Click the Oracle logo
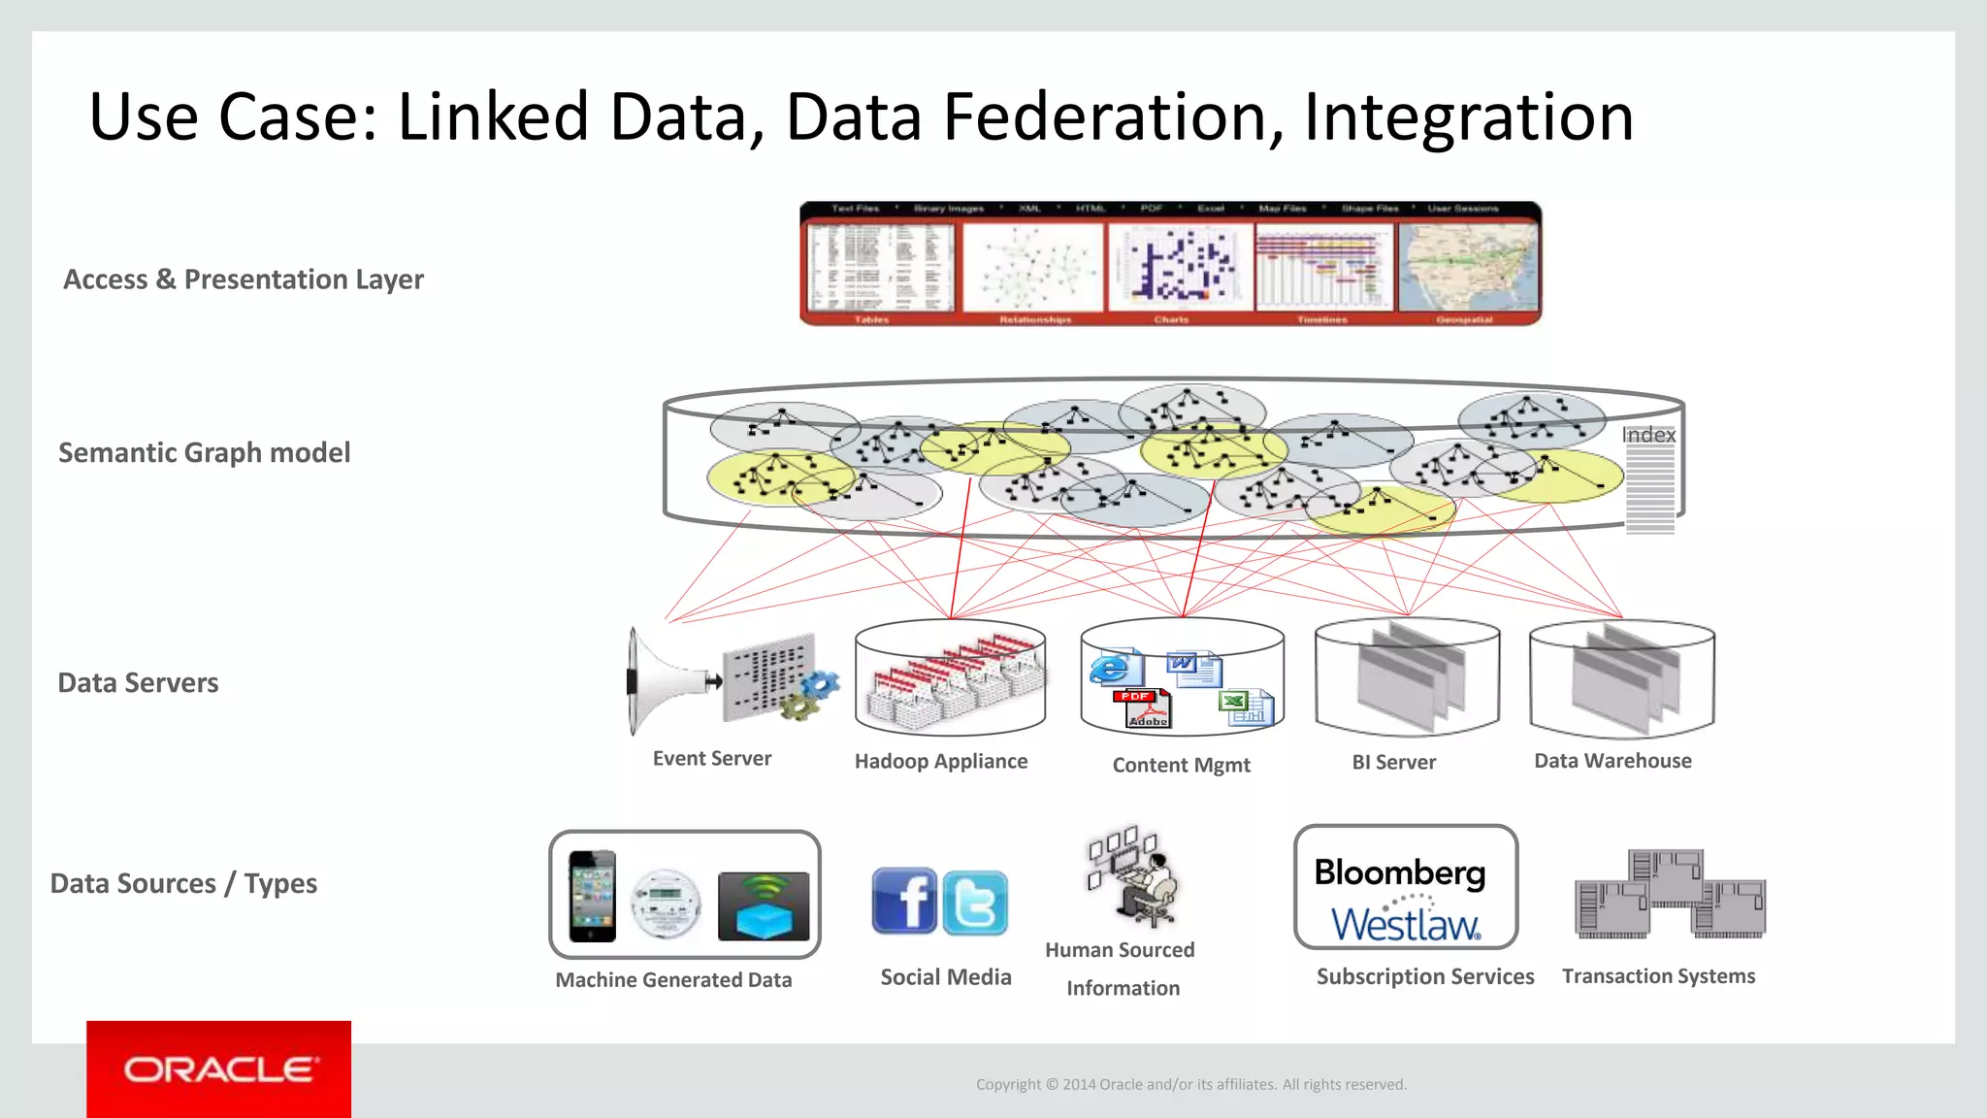(219, 1069)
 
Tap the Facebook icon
(904, 901)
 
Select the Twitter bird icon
(975, 904)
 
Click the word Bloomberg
(1399, 872)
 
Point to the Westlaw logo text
(1405, 925)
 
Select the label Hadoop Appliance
(940, 762)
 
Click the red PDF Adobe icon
(1143, 709)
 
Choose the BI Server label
(1393, 763)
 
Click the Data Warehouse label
(1612, 761)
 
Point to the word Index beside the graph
(1648, 435)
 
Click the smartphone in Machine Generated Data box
(592, 896)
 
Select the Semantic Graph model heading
(204, 453)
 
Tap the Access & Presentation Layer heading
(243, 279)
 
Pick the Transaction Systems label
(1658, 976)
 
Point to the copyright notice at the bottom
(1190, 1085)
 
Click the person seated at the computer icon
(1145, 888)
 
